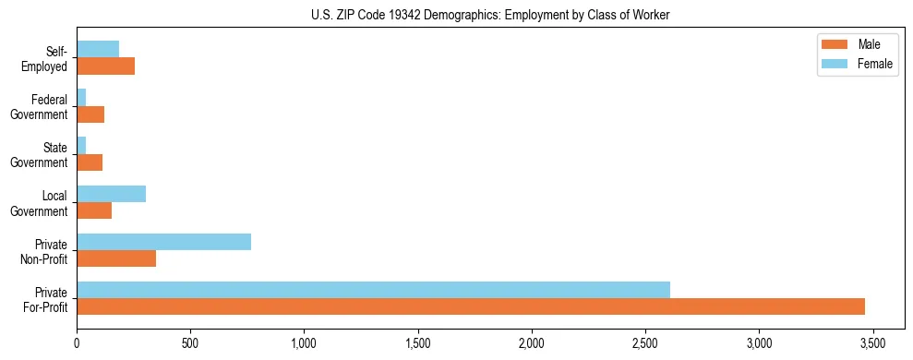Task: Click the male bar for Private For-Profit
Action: (x=471, y=306)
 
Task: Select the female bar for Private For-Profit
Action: (x=373, y=290)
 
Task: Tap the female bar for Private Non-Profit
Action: (x=163, y=242)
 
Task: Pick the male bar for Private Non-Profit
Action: (x=116, y=258)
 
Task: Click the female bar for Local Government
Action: (x=111, y=194)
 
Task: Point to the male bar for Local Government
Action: (x=94, y=210)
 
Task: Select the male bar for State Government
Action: (x=90, y=162)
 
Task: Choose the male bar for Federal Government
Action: (x=90, y=114)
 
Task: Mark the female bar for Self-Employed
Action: (x=98, y=49)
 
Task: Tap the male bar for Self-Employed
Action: (x=105, y=66)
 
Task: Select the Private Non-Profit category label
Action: (x=42, y=251)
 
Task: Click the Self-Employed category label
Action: (x=43, y=58)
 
